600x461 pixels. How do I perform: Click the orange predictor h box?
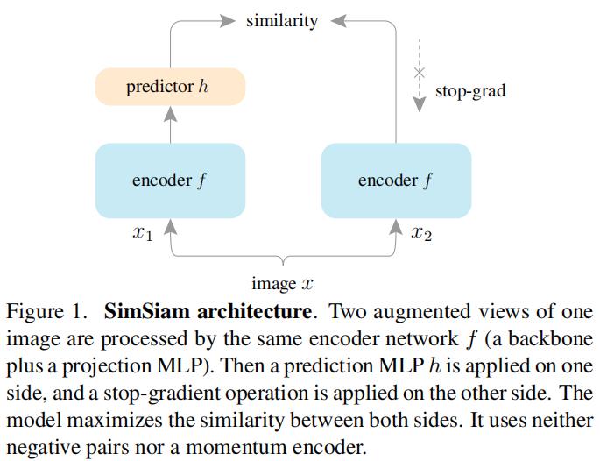(170, 87)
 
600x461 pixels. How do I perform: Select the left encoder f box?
(170, 181)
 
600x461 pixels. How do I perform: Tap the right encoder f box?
(397, 181)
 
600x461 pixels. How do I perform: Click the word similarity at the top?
(282, 21)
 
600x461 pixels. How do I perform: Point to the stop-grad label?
(470, 91)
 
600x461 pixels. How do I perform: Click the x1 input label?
(143, 233)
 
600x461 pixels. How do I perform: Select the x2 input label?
(421, 233)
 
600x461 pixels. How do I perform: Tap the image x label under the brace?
(282, 284)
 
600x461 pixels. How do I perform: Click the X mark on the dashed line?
(420, 72)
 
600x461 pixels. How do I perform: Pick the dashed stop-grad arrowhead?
(420, 103)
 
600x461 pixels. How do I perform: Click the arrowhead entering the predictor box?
(170, 114)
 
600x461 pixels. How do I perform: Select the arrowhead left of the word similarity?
(228, 21)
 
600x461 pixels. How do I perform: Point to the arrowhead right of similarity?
(338, 21)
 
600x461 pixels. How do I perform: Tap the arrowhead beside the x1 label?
(170, 227)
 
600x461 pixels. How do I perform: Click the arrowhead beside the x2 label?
(396, 227)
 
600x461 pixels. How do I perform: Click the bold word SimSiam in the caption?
(147, 311)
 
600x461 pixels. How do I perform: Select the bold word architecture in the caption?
(255, 311)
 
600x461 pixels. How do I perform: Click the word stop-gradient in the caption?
(161, 394)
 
